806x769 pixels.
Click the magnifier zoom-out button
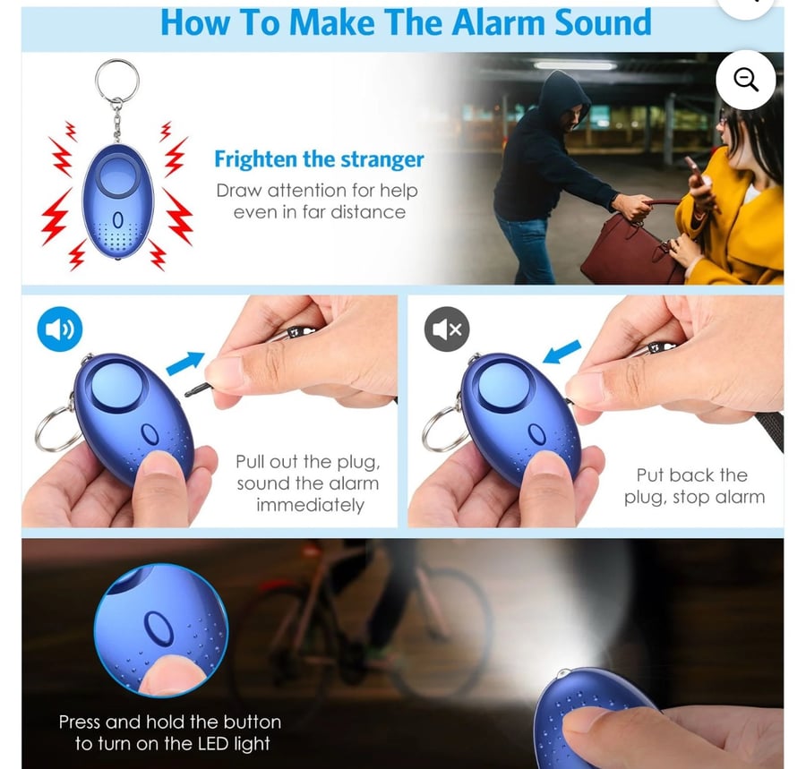745,80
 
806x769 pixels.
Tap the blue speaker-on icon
60,329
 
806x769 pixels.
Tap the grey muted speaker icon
447,329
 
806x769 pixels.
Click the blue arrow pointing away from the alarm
185,363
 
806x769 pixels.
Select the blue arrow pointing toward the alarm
562,352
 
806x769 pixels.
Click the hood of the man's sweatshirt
563,98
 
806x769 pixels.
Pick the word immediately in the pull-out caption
310,505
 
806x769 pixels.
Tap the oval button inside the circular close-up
159,628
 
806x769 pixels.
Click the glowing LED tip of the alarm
564,672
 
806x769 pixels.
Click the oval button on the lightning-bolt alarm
118,220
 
